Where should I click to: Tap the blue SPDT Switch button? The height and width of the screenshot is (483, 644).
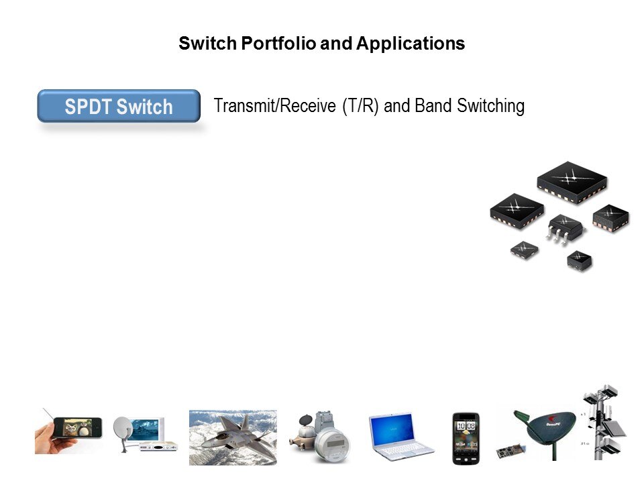pyautogui.click(x=119, y=106)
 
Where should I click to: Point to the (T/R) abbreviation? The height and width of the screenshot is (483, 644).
pyautogui.click(x=360, y=106)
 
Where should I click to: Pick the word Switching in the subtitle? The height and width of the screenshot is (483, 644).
pyautogui.click(x=490, y=106)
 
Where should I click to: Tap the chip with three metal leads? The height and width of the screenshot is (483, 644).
pyautogui.click(x=565, y=227)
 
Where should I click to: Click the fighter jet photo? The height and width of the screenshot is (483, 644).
pyautogui.click(x=233, y=437)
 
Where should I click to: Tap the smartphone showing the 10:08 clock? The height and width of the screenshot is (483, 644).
pyautogui.click(x=466, y=439)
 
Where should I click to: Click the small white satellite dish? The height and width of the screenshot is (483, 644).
pyautogui.click(x=123, y=433)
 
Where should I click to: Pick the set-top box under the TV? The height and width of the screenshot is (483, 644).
pyautogui.click(x=158, y=446)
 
